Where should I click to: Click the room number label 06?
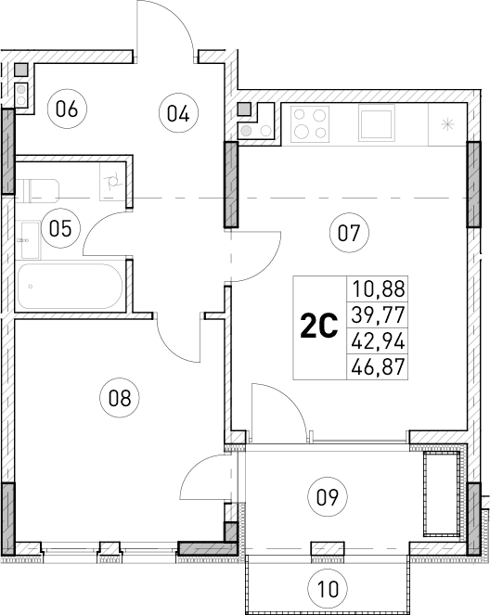click(x=65, y=109)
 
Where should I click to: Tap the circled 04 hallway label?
click(x=178, y=113)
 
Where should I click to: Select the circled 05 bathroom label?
click(x=60, y=228)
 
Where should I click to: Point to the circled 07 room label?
click(x=348, y=232)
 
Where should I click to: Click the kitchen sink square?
click(x=378, y=122)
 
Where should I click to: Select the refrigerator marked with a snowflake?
click(x=447, y=123)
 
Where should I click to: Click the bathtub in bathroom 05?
click(x=71, y=288)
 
